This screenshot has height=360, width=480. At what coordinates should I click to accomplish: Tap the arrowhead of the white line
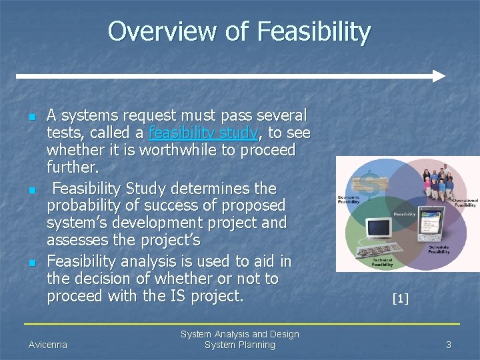click(x=438, y=75)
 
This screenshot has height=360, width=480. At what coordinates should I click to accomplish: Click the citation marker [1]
click(x=400, y=299)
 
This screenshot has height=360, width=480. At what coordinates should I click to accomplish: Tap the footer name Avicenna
click(x=48, y=345)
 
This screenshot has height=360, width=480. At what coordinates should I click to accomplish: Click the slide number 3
click(x=449, y=345)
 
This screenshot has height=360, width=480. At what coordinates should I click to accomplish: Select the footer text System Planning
click(x=239, y=345)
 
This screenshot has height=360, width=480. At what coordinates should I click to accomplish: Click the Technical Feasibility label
click(x=382, y=263)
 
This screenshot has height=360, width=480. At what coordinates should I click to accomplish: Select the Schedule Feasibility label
click(x=439, y=249)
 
